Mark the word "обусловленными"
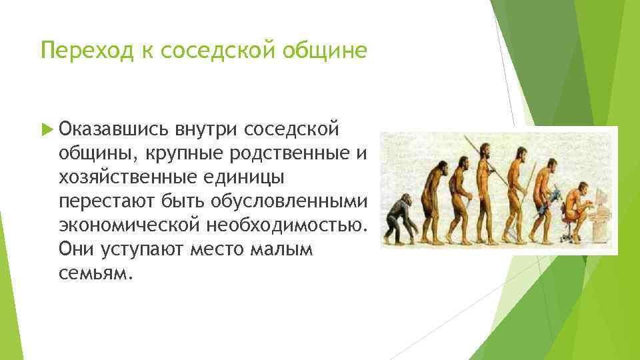point(289,200)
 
